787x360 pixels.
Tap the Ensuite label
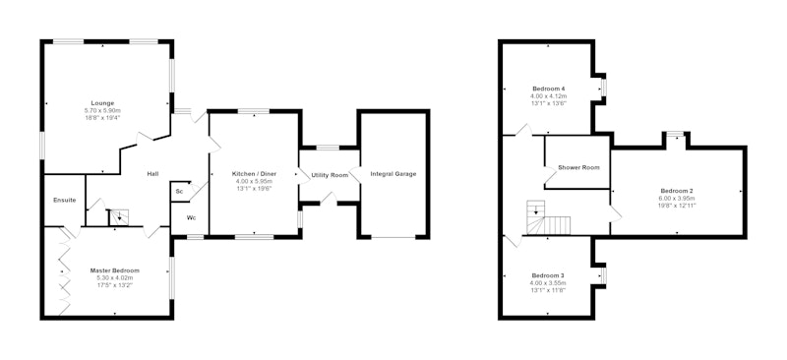(x=65, y=200)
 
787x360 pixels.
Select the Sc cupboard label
(x=179, y=191)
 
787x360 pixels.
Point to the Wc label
(x=191, y=218)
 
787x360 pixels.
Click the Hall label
(x=153, y=174)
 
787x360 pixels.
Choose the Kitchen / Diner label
(x=254, y=174)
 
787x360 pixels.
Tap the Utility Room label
(x=330, y=175)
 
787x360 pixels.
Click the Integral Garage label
(x=393, y=174)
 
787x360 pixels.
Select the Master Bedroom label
(x=115, y=270)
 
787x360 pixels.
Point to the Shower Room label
(x=578, y=167)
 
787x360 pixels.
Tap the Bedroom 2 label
(x=677, y=191)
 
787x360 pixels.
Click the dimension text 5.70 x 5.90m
(x=102, y=110)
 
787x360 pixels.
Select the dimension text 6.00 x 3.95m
(x=677, y=198)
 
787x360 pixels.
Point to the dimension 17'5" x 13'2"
(x=115, y=284)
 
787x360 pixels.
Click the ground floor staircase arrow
(x=119, y=217)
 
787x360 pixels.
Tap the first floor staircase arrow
(x=536, y=209)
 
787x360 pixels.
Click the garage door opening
(x=393, y=237)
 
